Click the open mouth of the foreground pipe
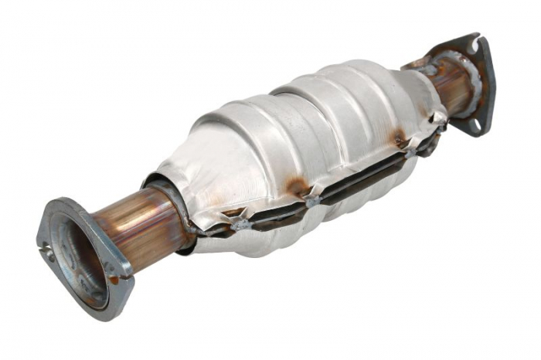click(x=78, y=258)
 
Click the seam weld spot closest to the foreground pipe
click(x=240, y=225)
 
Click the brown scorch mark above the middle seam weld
click(x=298, y=186)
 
